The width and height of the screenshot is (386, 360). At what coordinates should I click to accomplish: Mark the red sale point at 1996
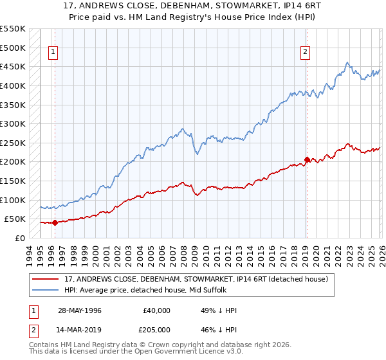(55, 223)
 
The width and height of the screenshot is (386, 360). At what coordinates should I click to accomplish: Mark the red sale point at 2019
(307, 159)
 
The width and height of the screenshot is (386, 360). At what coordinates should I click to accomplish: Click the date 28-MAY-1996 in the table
(79, 310)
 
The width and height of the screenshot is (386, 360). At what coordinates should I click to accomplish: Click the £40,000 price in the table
(156, 310)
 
